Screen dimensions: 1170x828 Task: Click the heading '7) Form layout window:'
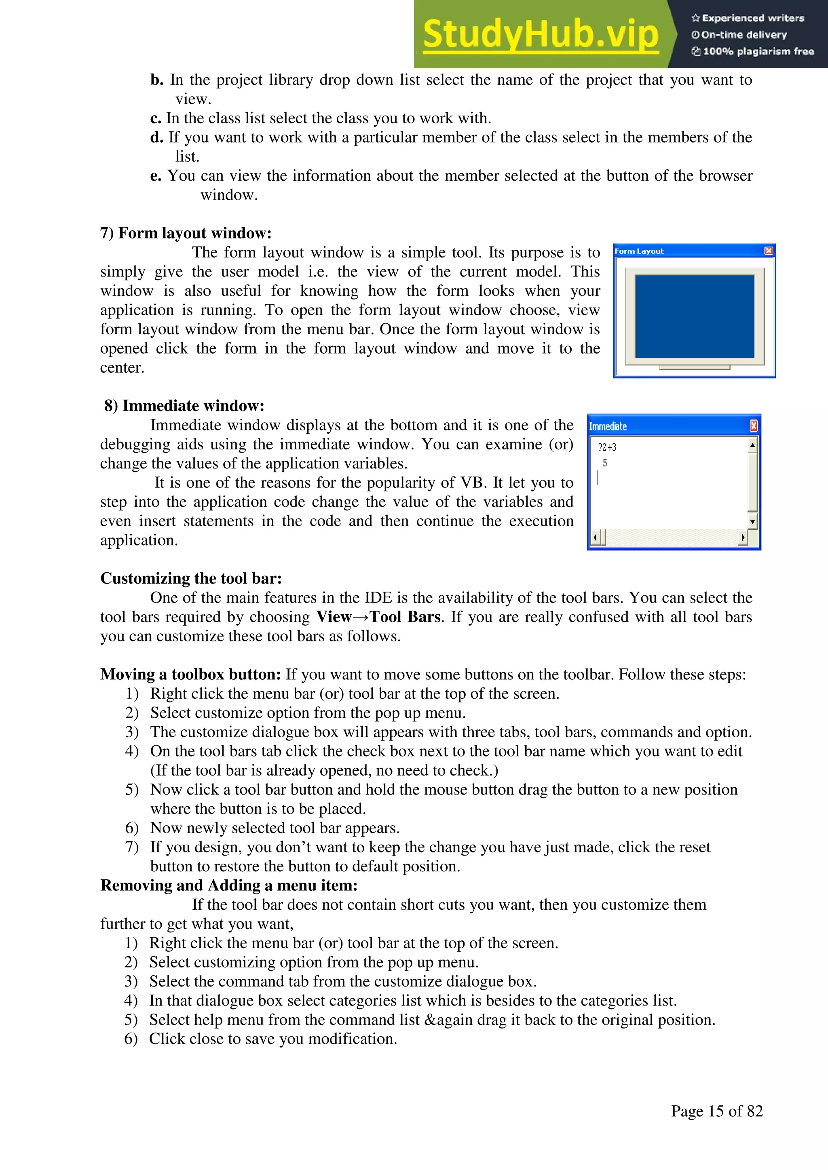186,233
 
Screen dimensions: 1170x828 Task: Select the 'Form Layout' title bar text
639,251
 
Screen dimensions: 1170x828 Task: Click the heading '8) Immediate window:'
184,406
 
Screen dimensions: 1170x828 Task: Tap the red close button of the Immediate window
754,426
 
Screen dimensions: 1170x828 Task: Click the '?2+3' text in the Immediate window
607,447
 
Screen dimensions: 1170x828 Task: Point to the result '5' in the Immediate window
605,463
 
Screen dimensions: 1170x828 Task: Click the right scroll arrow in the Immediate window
743,537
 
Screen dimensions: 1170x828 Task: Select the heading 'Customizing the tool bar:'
191,578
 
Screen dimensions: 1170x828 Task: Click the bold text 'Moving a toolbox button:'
190,674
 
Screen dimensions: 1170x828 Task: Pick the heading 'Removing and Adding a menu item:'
228,885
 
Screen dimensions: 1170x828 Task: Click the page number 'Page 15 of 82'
716,1111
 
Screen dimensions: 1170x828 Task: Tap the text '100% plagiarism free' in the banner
758,51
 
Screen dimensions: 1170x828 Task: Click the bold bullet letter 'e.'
156,176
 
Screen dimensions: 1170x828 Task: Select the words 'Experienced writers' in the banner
752,18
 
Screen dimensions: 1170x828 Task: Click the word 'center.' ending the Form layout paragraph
123,368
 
